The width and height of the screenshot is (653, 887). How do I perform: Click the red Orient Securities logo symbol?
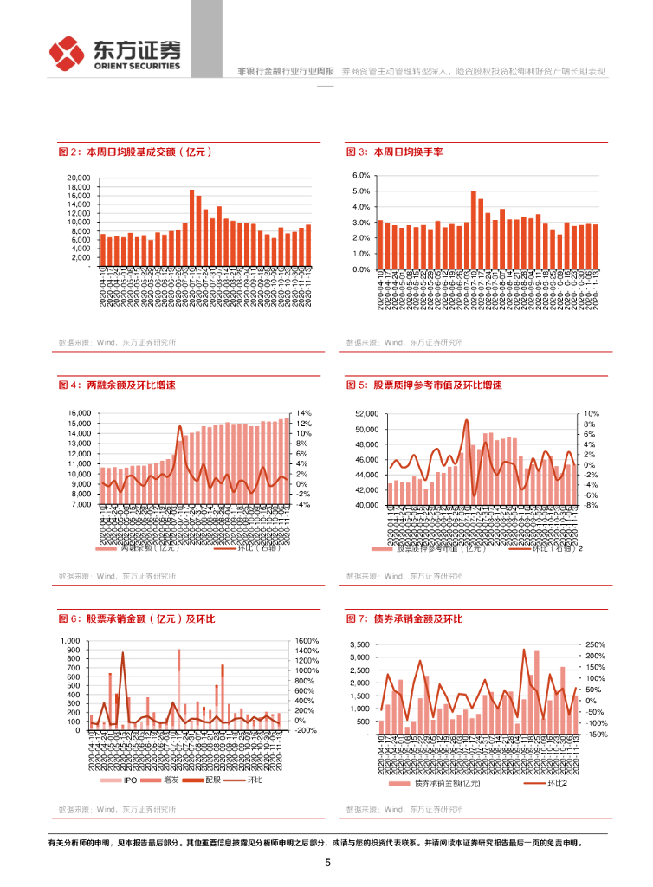pyautogui.click(x=65, y=54)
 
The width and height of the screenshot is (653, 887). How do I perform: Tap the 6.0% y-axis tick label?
pyautogui.click(x=361, y=175)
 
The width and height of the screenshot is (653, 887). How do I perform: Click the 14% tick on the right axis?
pyautogui.click(x=303, y=413)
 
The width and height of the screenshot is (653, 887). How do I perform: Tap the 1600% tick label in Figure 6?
pyautogui.click(x=307, y=641)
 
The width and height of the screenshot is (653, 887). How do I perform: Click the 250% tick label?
pyautogui.click(x=596, y=645)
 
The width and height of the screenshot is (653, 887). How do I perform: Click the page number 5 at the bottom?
pyautogui.click(x=327, y=863)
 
